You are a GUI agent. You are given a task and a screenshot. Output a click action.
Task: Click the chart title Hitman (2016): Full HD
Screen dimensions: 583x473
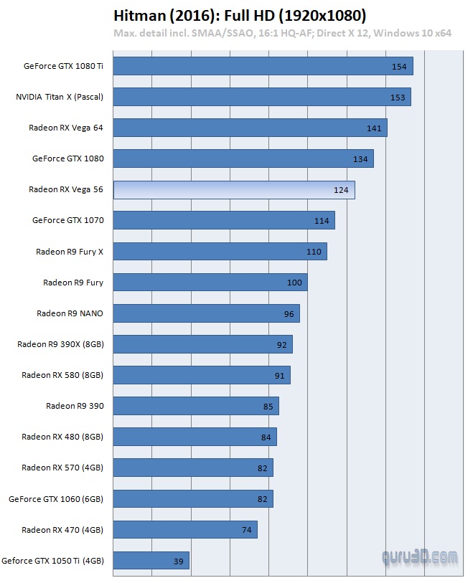pos(240,15)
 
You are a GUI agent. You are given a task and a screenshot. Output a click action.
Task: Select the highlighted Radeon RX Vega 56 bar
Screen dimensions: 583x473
pos(234,190)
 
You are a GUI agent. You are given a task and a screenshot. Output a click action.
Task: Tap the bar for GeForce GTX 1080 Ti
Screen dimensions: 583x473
pos(263,67)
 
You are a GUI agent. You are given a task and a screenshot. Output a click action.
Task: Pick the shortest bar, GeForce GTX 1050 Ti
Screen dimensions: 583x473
pos(151,561)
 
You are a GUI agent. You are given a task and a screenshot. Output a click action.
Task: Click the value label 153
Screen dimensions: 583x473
pos(398,98)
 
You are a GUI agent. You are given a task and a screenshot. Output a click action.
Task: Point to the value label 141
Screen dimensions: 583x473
pos(374,128)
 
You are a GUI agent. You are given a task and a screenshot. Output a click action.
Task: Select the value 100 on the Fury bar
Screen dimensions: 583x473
pos(294,283)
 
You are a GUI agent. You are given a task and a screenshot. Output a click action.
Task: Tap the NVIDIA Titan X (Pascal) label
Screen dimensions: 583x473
pos(60,97)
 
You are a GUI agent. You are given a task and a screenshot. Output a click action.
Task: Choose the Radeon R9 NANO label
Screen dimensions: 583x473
pos(70,313)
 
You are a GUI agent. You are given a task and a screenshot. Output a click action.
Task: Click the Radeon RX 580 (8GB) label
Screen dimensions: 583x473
pos(62,375)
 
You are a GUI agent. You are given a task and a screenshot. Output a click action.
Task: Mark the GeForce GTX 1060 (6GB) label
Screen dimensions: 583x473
pos(56,498)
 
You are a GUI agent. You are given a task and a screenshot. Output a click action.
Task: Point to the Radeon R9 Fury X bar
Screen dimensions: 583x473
pos(220,252)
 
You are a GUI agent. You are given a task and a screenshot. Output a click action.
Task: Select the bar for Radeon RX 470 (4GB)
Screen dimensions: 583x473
pos(185,530)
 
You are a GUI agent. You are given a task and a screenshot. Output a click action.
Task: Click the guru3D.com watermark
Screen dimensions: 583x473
pos(421,555)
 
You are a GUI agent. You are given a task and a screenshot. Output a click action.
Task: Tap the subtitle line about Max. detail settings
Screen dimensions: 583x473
pos(282,33)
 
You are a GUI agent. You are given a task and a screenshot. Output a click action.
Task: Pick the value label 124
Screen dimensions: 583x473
pos(341,190)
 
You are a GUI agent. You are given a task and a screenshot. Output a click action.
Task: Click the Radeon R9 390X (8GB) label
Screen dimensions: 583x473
pos(60,344)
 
